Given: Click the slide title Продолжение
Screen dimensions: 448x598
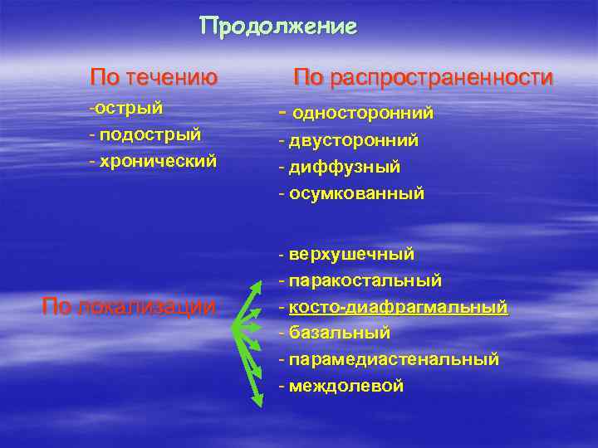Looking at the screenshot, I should (x=278, y=27).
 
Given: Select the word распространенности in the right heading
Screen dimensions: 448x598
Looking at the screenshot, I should (x=441, y=78).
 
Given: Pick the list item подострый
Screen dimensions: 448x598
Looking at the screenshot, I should (x=149, y=134).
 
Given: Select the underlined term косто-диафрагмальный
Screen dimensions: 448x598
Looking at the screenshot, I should (x=398, y=307).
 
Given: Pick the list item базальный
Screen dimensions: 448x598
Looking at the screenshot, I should (x=339, y=333).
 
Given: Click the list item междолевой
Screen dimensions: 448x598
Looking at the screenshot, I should (x=346, y=386).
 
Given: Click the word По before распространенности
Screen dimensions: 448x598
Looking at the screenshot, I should (x=308, y=78).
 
